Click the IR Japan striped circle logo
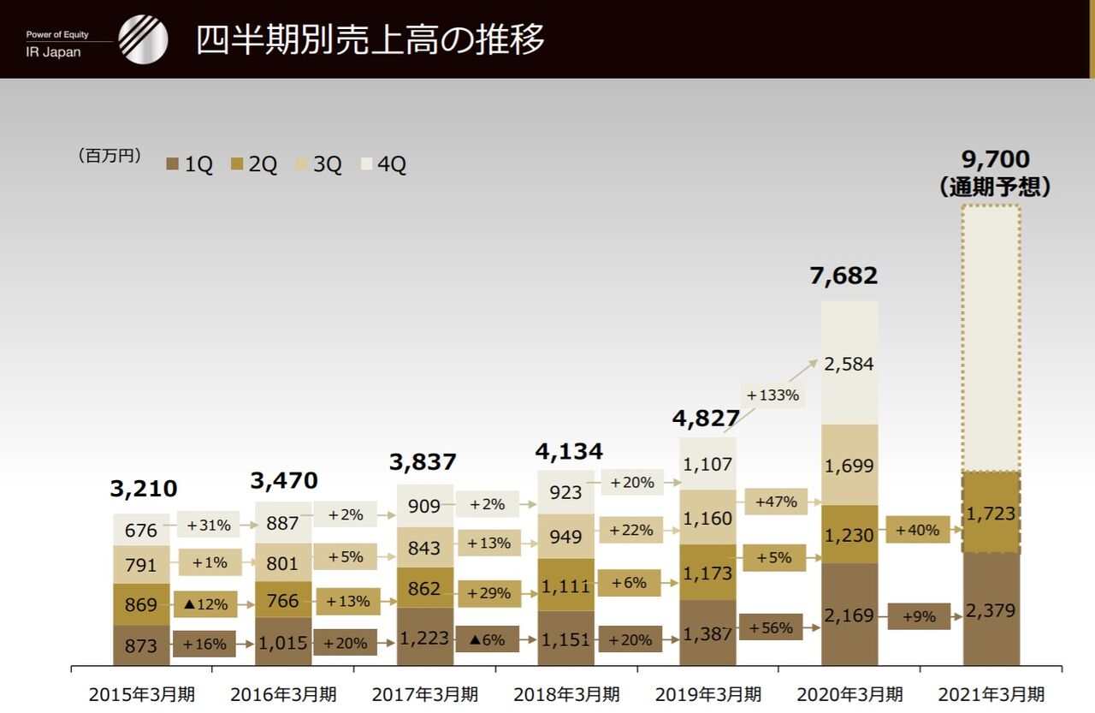click(143, 39)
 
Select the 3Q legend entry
click(319, 164)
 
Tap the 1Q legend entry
click(190, 164)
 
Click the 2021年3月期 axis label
click(991, 693)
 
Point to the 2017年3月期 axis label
click(425, 693)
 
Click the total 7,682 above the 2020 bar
click(843, 276)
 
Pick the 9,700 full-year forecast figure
click(996, 159)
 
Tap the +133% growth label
click(772, 395)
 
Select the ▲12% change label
click(205, 604)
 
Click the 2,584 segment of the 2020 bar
click(849, 364)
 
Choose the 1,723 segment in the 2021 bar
click(991, 514)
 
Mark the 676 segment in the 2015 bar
click(141, 531)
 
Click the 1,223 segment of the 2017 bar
click(425, 639)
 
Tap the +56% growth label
click(771, 627)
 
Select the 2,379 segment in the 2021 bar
click(991, 610)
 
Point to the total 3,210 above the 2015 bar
click(144, 489)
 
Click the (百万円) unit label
click(109, 156)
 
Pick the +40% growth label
click(918, 530)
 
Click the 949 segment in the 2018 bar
click(565, 537)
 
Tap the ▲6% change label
click(487, 639)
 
